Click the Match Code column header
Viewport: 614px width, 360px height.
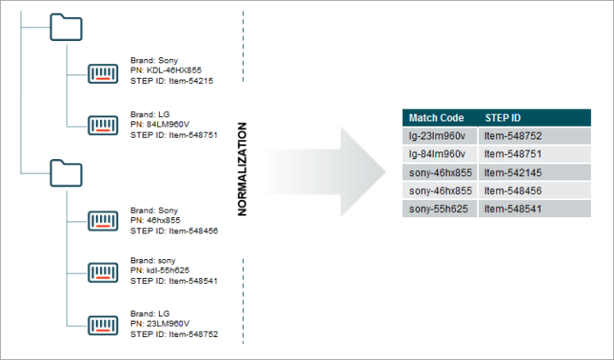[x=436, y=118]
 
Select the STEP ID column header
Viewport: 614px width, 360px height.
[x=503, y=118]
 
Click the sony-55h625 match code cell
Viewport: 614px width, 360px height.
[x=440, y=209]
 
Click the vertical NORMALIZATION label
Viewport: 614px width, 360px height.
[x=242, y=169]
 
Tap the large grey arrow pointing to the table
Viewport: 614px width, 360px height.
[x=326, y=172]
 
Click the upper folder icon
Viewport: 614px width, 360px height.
[x=66, y=27]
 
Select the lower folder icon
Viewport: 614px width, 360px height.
[x=66, y=173]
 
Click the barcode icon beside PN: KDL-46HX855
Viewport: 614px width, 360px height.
[x=103, y=74]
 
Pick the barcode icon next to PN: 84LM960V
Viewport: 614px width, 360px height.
[x=103, y=126]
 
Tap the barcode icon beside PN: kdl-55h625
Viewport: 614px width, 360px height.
[x=103, y=272]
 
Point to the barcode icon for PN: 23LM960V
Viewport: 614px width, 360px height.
[x=103, y=326]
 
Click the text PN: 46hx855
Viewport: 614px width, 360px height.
[x=155, y=220]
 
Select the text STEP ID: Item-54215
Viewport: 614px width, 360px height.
[x=172, y=81]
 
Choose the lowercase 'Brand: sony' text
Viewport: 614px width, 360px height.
[x=153, y=261]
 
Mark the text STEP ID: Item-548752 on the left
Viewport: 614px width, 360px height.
[x=174, y=334]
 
